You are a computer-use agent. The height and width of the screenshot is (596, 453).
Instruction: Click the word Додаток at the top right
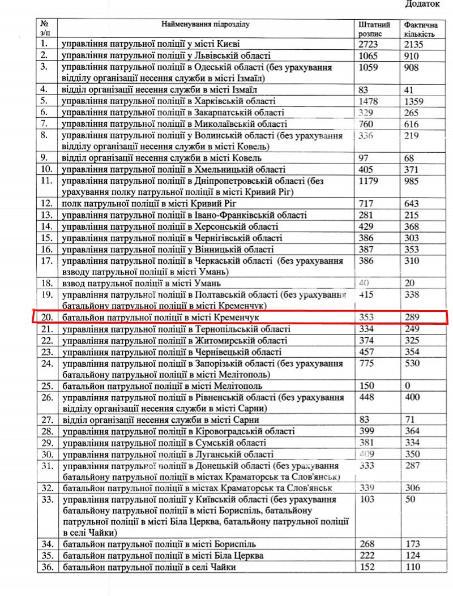point(423,4)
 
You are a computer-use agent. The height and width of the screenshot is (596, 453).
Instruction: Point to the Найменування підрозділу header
point(206,25)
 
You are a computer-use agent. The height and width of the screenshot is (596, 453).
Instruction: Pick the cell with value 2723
point(370,44)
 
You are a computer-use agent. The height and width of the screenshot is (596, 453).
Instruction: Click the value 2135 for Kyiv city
point(416,44)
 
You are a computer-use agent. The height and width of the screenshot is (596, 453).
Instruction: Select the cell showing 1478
point(370,102)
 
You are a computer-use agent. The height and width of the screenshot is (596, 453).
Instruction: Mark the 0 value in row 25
point(408,386)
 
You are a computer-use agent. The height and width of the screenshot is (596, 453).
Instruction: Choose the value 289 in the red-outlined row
point(413,318)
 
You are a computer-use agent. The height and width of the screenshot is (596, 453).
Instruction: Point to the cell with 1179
point(370,181)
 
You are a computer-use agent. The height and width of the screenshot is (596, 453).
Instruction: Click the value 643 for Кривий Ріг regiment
point(413,203)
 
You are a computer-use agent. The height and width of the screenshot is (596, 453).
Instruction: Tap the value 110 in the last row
point(413,567)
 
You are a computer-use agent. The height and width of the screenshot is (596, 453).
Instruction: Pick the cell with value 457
point(368,352)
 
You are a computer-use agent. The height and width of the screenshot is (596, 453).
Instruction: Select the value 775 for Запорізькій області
point(368,363)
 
